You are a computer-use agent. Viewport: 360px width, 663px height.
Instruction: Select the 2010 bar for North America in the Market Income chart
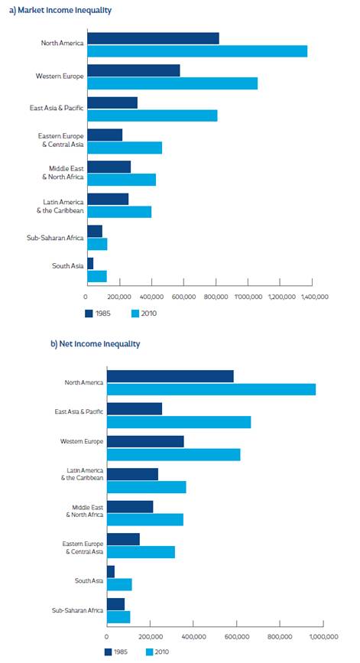197,51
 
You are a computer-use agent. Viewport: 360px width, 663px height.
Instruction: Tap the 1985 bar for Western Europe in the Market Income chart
134,70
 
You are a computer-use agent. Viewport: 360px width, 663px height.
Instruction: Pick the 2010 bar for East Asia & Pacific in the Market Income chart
152,115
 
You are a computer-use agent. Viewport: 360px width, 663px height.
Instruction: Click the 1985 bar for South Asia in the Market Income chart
90,263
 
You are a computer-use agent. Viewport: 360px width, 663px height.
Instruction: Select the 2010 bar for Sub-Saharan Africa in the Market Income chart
97,244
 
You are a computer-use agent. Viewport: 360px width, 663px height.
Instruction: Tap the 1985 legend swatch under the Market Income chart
89,314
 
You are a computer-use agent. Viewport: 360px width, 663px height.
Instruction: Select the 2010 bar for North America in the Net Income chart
211,389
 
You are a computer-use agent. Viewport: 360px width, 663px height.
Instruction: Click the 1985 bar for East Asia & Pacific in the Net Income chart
135,409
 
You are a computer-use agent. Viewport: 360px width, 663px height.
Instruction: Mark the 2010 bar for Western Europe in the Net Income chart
174,455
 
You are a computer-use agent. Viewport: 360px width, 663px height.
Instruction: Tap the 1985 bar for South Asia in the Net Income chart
111,571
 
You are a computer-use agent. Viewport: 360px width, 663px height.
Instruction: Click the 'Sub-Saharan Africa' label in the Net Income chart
76,610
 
